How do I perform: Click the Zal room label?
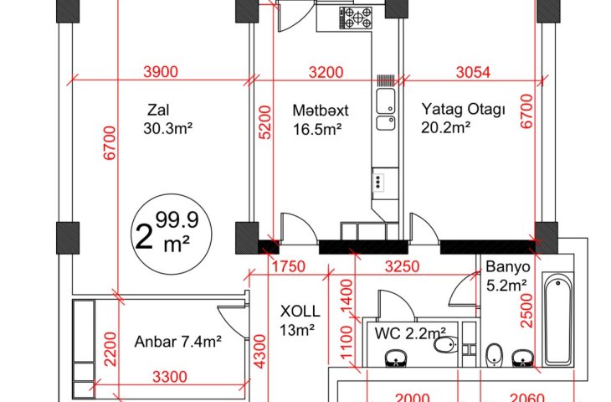158,110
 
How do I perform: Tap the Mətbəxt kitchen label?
321,111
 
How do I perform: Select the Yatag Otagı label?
464,109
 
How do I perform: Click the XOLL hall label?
300,312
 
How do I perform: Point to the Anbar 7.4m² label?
178,342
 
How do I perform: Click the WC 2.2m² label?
410,333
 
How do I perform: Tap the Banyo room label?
508,267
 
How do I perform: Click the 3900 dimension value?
161,72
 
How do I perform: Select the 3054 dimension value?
473,72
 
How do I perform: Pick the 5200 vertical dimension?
265,122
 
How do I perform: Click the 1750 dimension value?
289,266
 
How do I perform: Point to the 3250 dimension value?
402,266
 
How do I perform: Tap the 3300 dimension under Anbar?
170,377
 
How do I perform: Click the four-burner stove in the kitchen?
356,18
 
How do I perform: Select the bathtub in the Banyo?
558,319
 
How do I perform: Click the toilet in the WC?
445,345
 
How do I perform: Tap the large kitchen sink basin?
386,100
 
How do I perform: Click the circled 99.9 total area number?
177,220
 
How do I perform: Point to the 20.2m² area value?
445,127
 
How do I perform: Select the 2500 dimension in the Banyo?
526,311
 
